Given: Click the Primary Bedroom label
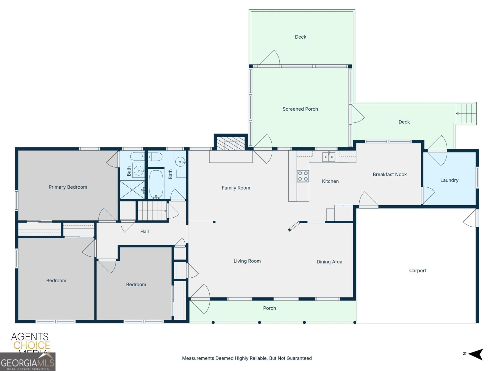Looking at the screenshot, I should tap(68, 187).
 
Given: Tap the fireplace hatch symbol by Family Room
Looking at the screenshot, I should tap(231, 143).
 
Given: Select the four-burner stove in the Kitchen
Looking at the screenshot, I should tap(303, 176).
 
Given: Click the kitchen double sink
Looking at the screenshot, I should tap(329, 157).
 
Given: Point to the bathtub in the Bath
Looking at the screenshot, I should tap(156, 184).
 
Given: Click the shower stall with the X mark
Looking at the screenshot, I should tap(132, 190).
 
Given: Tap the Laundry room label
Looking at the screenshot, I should tap(449, 180).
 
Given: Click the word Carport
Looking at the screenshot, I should tap(417, 271).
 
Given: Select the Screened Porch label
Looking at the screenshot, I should tap(300, 109).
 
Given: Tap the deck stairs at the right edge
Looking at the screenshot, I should tap(466, 113).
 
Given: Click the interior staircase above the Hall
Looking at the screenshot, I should tap(152, 211).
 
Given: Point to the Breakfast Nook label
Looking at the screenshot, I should tap(390, 175).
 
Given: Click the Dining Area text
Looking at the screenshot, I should tap(329, 262).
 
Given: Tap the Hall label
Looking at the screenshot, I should tap(144, 232).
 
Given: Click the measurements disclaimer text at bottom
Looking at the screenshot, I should tap(247, 358).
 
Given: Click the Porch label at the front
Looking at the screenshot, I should tap(269, 308).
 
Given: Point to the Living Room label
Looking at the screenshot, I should tap(247, 261).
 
